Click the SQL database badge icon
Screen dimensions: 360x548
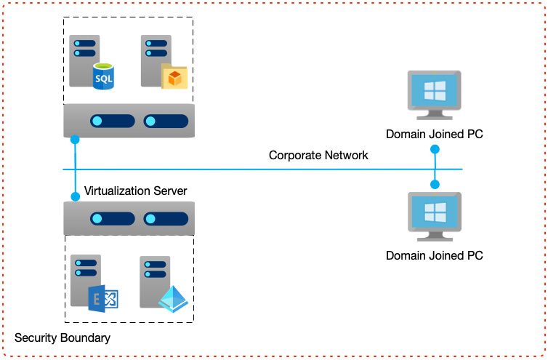pyautogui.click(x=104, y=76)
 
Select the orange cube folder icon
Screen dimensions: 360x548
pyautogui.click(x=174, y=76)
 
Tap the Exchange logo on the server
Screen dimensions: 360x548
pyautogui.click(x=102, y=298)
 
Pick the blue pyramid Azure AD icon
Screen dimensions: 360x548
pyautogui.click(x=173, y=298)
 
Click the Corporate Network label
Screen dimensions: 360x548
pyautogui.click(x=318, y=155)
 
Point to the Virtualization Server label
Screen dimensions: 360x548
pyautogui.click(x=136, y=191)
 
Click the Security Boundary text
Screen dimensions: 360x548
pyautogui.click(x=63, y=337)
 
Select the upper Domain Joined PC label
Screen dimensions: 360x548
pyautogui.click(x=434, y=134)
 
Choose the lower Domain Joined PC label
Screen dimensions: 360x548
pyautogui.click(x=434, y=255)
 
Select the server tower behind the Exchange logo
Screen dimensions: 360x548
pyautogui.click(x=84, y=280)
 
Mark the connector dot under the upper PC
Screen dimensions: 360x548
pyautogui.click(x=435, y=149)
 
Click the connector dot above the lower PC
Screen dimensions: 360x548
pyautogui.click(x=435, y=184)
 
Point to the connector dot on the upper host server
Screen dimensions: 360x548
pyautogui.click(x=75, y=137)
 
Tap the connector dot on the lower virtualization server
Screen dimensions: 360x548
pyautogui.click(x=75, y=196)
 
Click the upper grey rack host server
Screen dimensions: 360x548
pyautogui.click(x=129, y=120)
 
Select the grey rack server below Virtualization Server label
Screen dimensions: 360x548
pyautogui.click(x=129, y=218)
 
